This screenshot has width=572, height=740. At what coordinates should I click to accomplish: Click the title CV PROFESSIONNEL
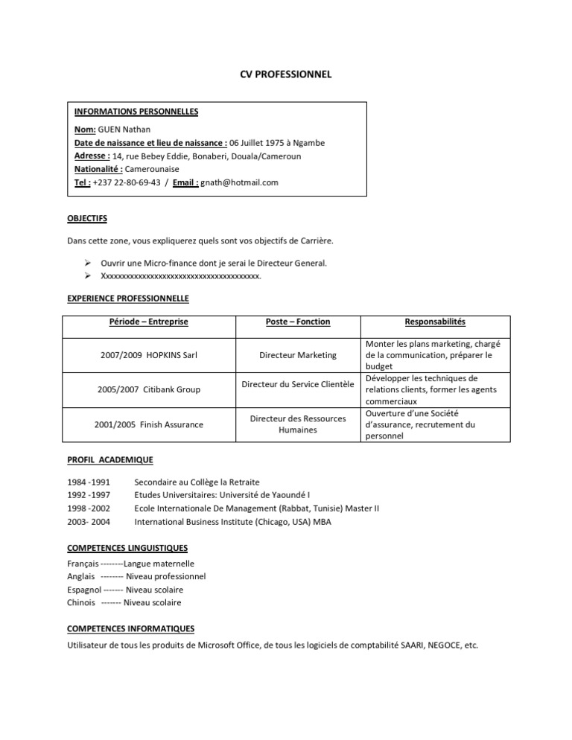[x=285, y=74]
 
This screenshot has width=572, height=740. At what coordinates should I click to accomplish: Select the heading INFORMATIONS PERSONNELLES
[x=136, y=112]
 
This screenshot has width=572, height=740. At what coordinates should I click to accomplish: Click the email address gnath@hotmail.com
[x=240, y=182]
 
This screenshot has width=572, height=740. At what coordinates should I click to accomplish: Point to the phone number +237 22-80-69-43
[x=127, y=182]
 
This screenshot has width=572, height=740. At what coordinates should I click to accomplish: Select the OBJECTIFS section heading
[x=87, y=218]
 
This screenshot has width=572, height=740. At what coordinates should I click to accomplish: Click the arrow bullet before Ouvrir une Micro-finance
[x=88, y=264]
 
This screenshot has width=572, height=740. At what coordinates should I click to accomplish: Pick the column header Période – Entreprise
[x=148, y=322]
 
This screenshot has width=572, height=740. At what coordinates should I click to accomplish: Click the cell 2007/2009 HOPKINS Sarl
[x=148, y=356]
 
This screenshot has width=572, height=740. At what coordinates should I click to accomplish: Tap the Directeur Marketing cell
[x=298, y=356]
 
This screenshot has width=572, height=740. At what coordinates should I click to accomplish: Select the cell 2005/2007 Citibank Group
[x=148, y=389]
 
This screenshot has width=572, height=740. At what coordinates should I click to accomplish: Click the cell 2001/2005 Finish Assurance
[x=148, y=424]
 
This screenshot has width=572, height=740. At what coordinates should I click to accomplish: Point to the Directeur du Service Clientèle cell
[x=298, y=385]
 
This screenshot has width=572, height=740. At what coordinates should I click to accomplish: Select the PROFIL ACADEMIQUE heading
[x=110, y=460]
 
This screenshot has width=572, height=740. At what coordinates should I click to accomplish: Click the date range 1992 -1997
[x=89, y=495]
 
